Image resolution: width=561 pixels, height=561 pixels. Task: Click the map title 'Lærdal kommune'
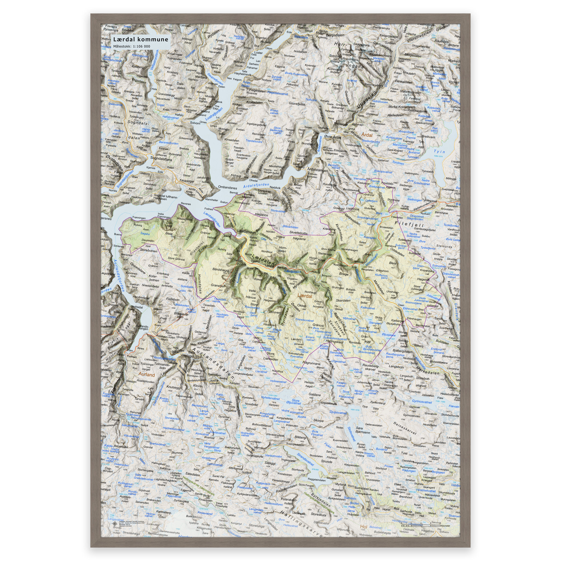click(x=141, y=39)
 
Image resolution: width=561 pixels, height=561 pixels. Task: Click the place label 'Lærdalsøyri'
click(x=247, y=231)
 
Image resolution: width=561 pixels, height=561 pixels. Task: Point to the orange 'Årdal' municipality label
click(x=367, y=135)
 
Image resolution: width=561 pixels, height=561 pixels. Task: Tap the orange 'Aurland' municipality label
click(x=147, y=374)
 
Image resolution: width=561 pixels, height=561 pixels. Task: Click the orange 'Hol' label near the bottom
click(x=363, y=526)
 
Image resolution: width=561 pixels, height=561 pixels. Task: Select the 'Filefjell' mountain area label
click(x=409, y=224)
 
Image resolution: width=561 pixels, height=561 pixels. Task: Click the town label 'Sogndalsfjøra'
click(x=161, y=159)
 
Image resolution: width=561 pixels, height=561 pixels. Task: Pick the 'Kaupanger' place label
click(x=187, y=181)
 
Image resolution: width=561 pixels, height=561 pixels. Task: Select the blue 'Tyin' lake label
click(x=439, y=151)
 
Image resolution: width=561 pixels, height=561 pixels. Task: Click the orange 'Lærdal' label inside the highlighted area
click(x=305, y=296)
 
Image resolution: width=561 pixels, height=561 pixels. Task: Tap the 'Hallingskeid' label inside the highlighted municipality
click(x=334, y=342)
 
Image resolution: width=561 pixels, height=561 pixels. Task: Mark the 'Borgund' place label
click(x=326, y=276)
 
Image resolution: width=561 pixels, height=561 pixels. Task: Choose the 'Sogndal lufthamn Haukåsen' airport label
click(x=165, y=198)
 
